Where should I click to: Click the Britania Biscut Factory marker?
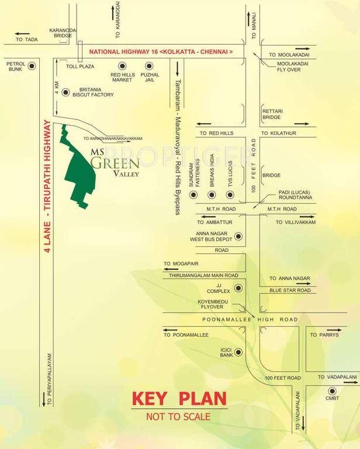(65, 92)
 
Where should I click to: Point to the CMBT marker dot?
(332, 391)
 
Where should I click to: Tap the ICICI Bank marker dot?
(238, 352)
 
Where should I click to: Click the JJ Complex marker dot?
(238, 288)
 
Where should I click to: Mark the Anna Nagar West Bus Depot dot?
(238, 237)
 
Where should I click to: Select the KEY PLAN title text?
(179, 399)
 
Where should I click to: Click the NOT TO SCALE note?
(179, 417)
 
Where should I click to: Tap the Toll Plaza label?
(80, 67)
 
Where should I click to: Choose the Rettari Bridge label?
(272, 114)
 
